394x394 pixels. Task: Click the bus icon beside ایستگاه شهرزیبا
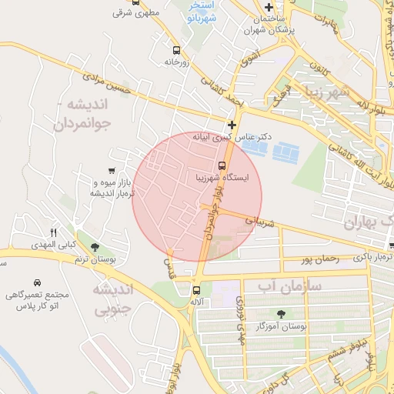[x=222, y=165]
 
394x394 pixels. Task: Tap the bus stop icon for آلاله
[x=196, y=290]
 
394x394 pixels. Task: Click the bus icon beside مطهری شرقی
[x=136, y=2]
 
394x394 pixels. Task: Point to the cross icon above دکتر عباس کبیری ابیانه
[x=232, y=124]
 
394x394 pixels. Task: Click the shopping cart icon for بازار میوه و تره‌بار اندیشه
[x=113, y=171]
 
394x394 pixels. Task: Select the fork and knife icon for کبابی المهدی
[x=54, y=232]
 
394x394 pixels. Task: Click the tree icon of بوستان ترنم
[x=95, y=248]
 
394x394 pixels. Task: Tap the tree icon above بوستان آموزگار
[x=282, y=313]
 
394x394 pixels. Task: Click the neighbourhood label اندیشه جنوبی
[x=113, y=300]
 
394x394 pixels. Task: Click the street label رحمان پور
[x=321, y=260]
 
